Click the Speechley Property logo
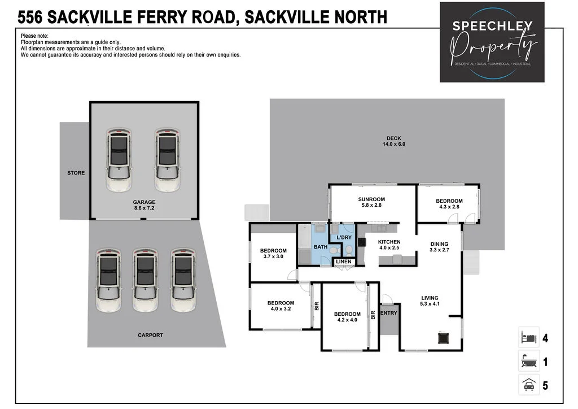pos(492,42)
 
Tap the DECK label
pos(393,141)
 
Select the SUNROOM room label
pos(371,202)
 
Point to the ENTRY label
pos(388,313)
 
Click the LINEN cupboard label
pos(344,262)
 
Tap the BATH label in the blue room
pos(320,247)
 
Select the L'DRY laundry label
pos(344,237)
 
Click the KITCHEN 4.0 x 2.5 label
pos(389,245)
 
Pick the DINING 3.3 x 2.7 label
pos(439,247)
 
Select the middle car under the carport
pos(145,281)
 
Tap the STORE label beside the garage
pos(76,173)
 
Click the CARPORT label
pos(150,335)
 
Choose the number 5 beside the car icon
pos(545,386)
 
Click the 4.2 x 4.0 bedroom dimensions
pos(347,321)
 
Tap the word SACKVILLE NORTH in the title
pos(316,17)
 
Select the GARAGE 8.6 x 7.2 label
pos(144,205)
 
